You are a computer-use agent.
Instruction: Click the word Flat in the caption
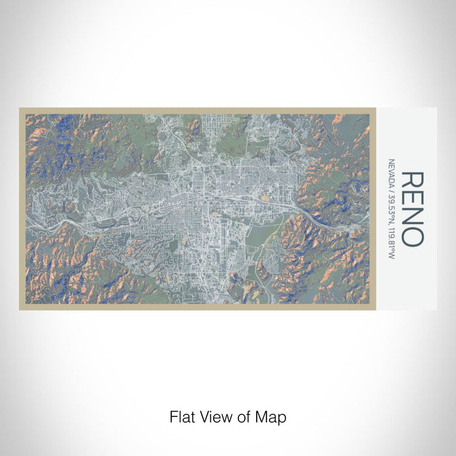[181, 416]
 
